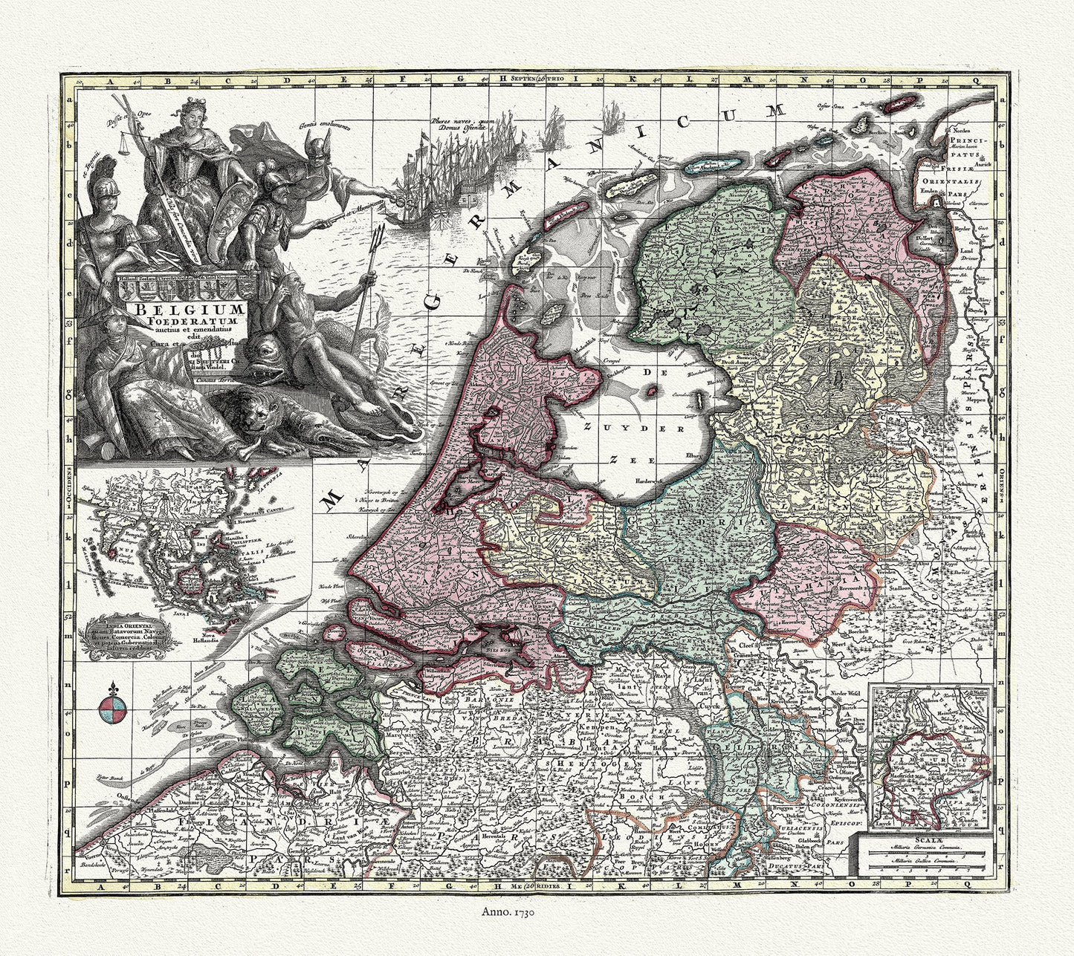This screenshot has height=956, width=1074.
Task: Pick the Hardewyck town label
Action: pyautogui.click(x=647, y=481)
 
